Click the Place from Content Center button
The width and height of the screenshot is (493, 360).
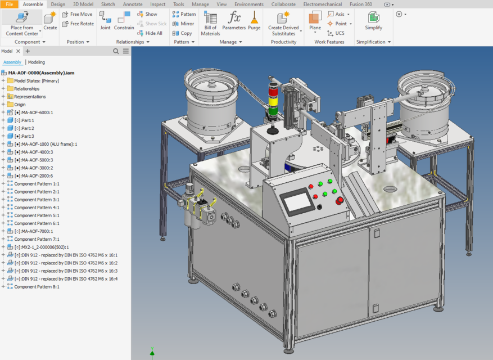coord(22,23)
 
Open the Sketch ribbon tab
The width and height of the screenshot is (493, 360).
coord(107,4)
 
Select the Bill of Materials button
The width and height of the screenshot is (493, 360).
coord(210,24)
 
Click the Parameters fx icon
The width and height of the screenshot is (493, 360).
coord(234,17)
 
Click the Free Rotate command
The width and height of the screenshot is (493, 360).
coord(78,24)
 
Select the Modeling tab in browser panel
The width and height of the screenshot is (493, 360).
coord(37,62)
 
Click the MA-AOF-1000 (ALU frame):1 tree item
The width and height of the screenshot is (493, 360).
coord(45,144)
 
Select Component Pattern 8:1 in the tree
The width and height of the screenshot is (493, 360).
coord(37,286)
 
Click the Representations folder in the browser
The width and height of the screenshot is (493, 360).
coord(30,97)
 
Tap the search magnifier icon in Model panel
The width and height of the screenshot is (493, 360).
coord(116,51)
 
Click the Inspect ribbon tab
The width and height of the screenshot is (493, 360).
coord(158,4)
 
